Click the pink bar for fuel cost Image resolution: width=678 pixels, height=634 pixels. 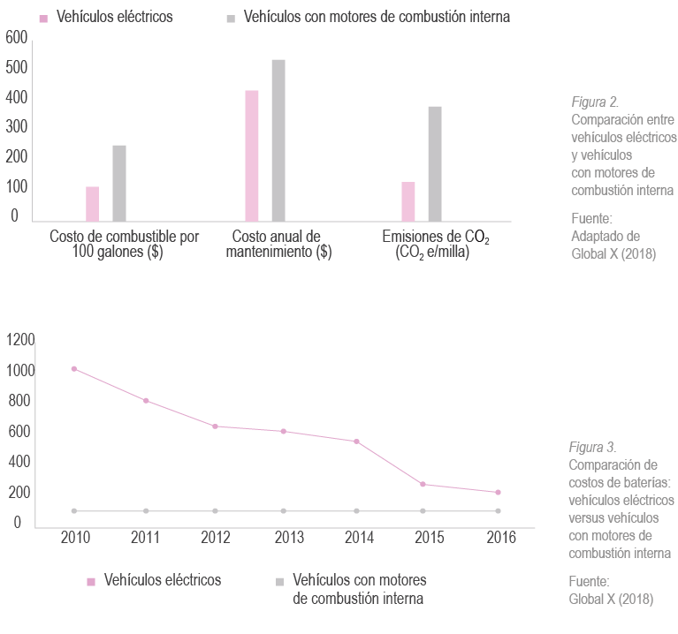click(92, 203)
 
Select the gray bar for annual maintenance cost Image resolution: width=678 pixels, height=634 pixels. click(278, 140)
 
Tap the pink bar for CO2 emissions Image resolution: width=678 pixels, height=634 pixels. click(408, 201)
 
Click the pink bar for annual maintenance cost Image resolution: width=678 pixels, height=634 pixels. click(252, 155)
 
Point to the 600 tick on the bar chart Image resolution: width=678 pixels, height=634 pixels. click(17, 37)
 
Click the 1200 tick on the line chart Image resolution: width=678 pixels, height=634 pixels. click(20, 340)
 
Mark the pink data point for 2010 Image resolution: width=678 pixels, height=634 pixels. click(73, 368)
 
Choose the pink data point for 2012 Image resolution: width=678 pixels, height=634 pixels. click(216, 426)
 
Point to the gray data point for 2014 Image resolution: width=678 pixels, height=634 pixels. click(356, 510)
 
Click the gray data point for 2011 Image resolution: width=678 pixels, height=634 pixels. click(146, 510)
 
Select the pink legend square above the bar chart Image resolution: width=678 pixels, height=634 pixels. click(43, 18)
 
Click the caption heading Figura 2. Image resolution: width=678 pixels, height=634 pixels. click(595, 102)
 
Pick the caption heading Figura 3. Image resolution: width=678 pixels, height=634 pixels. click(592, 448)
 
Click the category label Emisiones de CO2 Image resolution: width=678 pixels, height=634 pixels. click(435, 237)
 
